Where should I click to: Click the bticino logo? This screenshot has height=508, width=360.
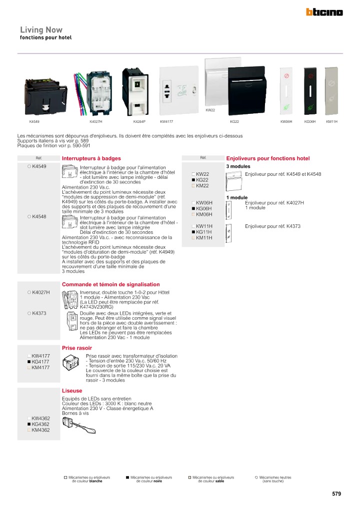(324, 12)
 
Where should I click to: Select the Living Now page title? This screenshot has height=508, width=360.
(41, 30)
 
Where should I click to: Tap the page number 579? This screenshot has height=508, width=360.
(336, 494)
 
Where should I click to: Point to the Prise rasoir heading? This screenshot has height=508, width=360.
(77, 348)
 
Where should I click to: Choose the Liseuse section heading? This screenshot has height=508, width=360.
(72, 391)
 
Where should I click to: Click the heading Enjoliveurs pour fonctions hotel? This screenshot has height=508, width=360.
(268, 158)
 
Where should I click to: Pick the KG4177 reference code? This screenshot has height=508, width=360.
(40, 362)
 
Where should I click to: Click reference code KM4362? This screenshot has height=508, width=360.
(40, 430)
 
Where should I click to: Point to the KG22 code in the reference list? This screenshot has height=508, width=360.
(202, 180)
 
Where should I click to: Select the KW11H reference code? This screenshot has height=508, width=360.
(204, 226)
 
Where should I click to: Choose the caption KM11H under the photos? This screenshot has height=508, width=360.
(331, 121)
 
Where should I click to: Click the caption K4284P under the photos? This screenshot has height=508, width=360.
(139, 121)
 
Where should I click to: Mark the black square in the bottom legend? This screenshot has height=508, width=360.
(128, 478)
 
